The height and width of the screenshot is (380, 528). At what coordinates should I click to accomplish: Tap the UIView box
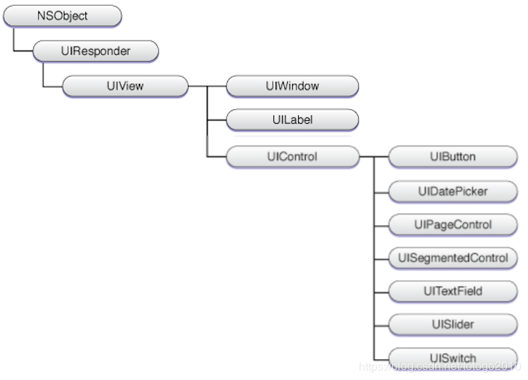[x=124, y=86]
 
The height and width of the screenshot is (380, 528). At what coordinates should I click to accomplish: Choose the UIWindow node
[x=292, y=86]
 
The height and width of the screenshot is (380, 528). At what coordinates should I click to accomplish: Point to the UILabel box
[x=292, y=120]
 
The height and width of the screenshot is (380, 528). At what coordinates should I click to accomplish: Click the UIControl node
[x=292, y=156]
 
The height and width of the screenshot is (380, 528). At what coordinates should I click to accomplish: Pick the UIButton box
[x=453, y=156]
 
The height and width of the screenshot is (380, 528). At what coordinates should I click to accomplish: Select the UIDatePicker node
[x=453, y=191]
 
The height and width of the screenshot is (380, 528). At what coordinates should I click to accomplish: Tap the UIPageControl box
[x=453, y=224]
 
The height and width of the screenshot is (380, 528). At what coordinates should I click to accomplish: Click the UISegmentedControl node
[x=453, y=258]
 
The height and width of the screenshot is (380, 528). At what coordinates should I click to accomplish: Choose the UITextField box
[x=453, y=291]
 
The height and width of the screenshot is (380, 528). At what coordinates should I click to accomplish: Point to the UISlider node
[x=453, y=324]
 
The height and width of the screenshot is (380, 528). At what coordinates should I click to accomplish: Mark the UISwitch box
[x=453, y=358]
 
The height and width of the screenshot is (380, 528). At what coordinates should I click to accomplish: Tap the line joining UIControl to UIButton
[x=373, y=156]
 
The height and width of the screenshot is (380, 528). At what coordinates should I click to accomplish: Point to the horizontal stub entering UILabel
[x=216, y=120]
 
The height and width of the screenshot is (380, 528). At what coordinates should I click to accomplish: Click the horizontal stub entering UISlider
[x=381, y=324]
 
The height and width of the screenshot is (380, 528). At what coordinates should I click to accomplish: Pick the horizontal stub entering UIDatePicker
[x=381, y=191]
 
